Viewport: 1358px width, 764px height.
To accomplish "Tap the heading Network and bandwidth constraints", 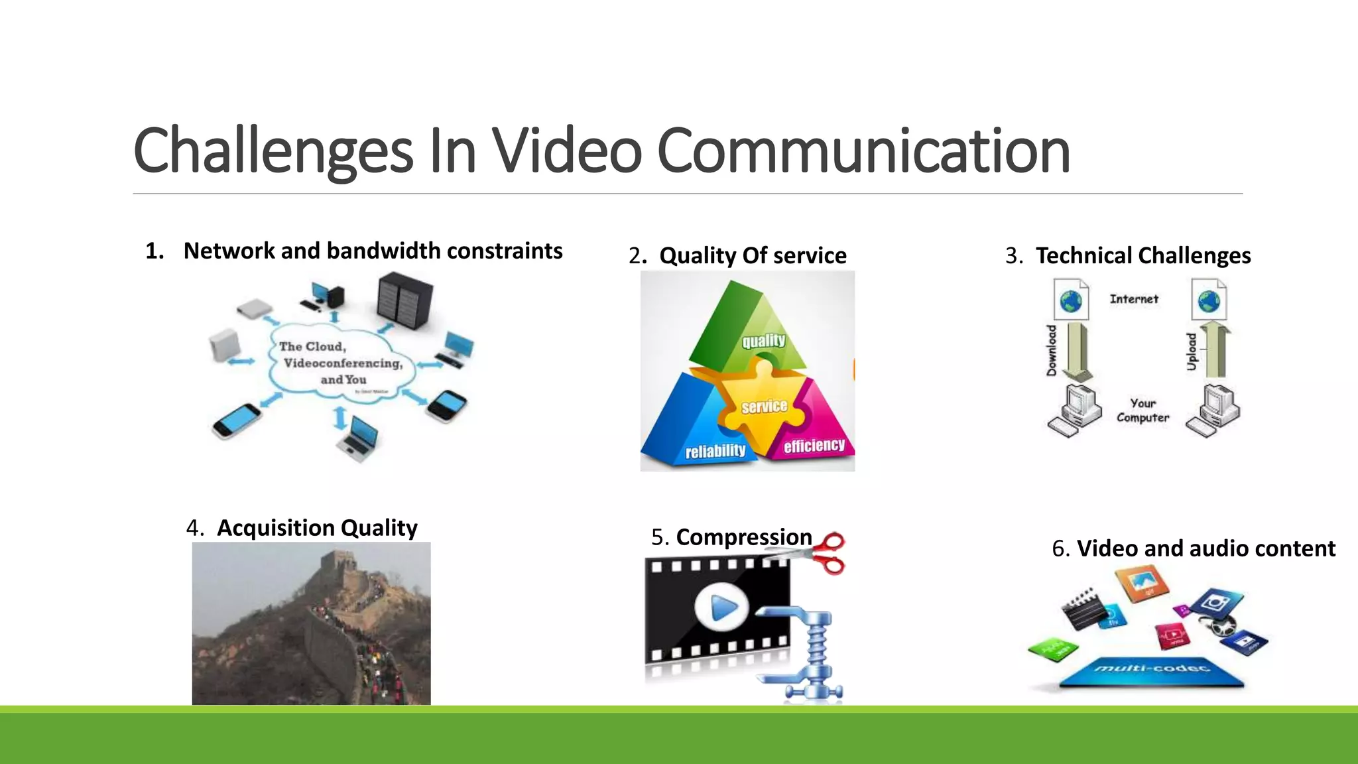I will point(373,251).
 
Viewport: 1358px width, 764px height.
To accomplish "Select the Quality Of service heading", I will point(753,255).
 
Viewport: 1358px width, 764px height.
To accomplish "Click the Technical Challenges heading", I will point(1143,255).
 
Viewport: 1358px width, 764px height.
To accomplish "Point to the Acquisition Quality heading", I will point(317,528).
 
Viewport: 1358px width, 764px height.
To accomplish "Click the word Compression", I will point(744,537).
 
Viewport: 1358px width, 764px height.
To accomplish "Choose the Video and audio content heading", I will point(1205,548).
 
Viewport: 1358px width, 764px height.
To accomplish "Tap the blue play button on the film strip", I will point(722,606).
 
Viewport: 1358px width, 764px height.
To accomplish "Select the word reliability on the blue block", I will point(715,452).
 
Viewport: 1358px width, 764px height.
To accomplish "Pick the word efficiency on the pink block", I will point(814,446).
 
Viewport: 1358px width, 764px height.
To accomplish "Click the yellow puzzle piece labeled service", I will point(764,406).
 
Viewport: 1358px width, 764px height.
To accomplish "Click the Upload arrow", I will point(1215,350).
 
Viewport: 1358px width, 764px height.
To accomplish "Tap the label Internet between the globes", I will point(1134,299).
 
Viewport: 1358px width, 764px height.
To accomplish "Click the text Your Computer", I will point(1142,411).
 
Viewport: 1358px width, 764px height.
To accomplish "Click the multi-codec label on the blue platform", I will point(1152,668).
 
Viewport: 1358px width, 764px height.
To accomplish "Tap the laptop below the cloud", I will point(359,438).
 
